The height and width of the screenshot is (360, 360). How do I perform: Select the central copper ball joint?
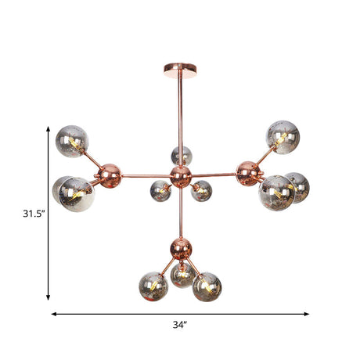(x=181, y=175)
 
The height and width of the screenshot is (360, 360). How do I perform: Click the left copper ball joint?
(x=111, y=175)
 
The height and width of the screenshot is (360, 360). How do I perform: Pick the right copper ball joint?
(x=250, y=172)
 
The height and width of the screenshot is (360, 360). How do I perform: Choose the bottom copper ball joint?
(x=181, y=250)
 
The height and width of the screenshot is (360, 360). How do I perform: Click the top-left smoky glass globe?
(x=72, y=141)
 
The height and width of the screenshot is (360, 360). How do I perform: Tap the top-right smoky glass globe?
(x=283, y=136)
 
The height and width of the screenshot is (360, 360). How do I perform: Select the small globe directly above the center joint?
(x=182, y=155)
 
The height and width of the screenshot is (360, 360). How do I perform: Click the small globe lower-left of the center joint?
(x=160, y=190)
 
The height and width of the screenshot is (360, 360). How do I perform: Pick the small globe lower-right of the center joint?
(x=202, y=190)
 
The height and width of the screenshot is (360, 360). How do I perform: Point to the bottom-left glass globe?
(x=153, y=286)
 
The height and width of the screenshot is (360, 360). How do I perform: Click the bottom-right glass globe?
(x=207, y=287)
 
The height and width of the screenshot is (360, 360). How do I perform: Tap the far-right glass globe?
(x=296, y=188)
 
